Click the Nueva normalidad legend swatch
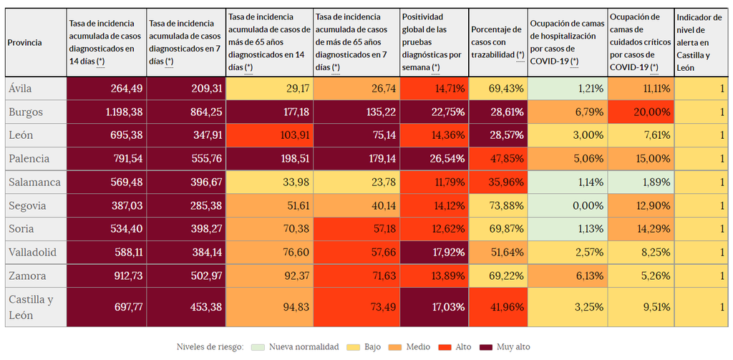click(258, 346)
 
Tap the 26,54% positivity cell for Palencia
click(434, 159)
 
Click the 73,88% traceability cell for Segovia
click(497, 205)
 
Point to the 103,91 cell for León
click(269, 135)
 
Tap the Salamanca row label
click(35, 182)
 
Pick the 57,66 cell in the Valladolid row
click(356, 252)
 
